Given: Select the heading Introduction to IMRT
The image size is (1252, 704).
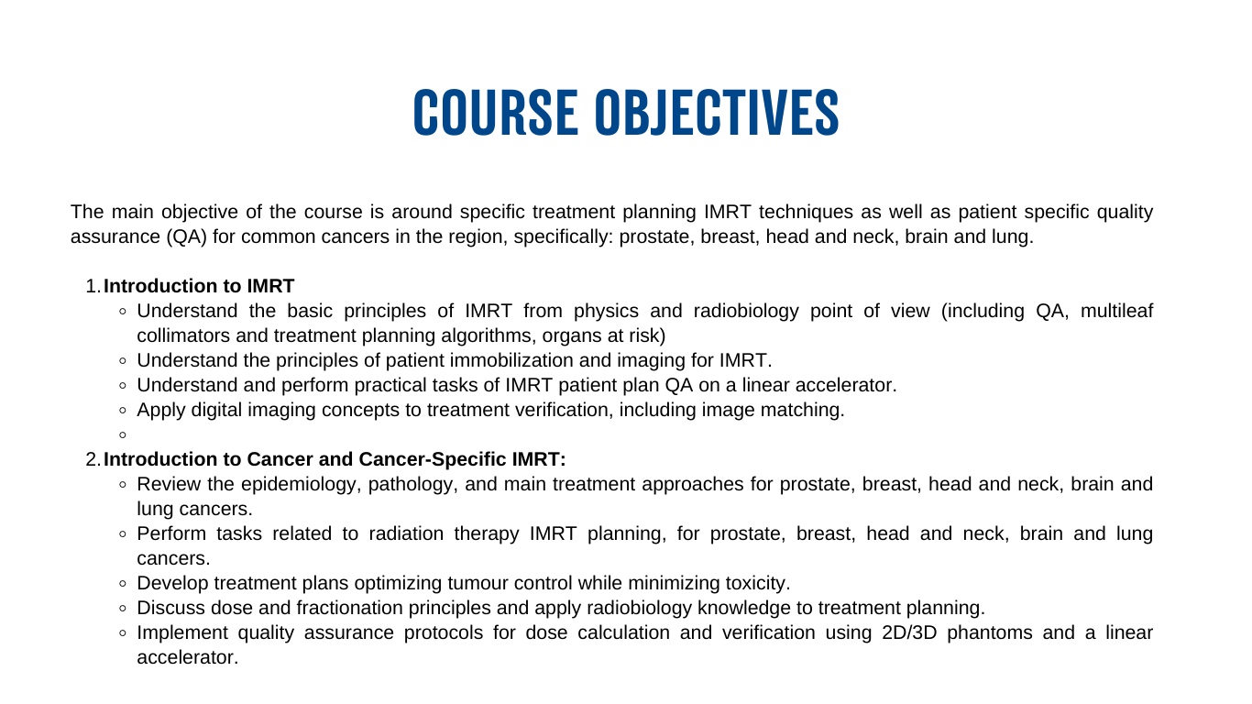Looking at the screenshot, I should click(x=199, y=286).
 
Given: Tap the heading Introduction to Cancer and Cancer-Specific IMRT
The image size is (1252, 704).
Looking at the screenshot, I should click(x=335, y=459).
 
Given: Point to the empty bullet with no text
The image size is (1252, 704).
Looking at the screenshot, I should click(x=124, y=435).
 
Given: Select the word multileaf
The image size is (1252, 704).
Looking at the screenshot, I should click(x=1116, y=311).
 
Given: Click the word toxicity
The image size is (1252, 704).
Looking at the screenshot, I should click(x=755, y=583).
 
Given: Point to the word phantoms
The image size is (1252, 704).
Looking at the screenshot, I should click(x=994, y=632).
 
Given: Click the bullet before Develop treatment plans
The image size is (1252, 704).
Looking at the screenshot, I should click(x=124, y=584).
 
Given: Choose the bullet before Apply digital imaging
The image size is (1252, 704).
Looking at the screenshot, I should click(x=124, y=411).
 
